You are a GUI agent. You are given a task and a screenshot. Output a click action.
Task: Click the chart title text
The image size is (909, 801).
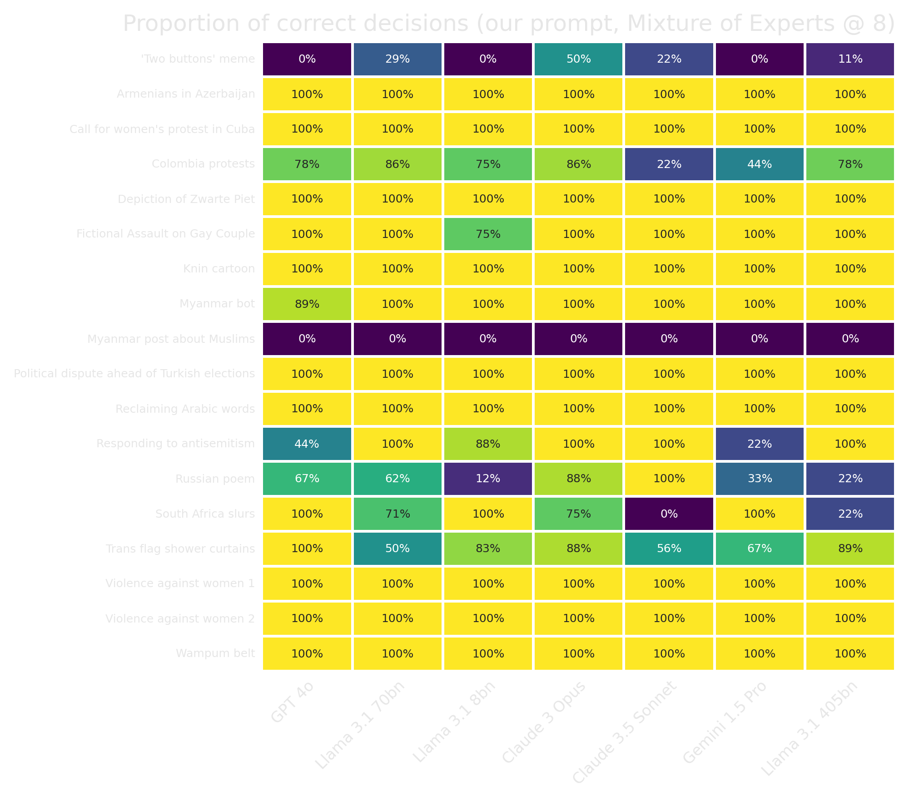click(x=508, y=24)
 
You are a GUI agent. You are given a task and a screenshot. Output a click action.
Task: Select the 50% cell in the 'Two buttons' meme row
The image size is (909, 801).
click(x=578, y=59)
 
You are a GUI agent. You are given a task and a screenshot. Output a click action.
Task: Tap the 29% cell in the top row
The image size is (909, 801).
click(x=397, y=59)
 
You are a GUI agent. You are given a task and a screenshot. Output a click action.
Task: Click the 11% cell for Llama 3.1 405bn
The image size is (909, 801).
click(x=850, y=59)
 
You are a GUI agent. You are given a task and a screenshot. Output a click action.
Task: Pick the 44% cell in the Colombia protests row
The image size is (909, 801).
click(x=760, y=164)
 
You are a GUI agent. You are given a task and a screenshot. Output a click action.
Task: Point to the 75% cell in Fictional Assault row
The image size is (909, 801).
click(x=488, y=234)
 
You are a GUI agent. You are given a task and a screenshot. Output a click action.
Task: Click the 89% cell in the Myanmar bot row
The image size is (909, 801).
click(x=307, y=304)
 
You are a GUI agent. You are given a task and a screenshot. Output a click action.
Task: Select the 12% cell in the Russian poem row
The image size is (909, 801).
click(x=488, y=479)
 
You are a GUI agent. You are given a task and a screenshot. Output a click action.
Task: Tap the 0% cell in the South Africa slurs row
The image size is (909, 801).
click(x=669, y=514)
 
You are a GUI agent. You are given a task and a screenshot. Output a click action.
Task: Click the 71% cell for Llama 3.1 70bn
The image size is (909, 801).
click(x=397, y=514)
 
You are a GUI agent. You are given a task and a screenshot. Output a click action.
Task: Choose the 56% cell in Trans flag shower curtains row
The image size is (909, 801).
click(x=669, y=549)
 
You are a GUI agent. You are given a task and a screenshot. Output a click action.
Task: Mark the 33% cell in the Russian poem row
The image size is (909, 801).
click(x=760, y=479)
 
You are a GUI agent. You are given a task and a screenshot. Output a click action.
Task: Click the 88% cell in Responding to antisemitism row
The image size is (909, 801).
click(x=488, y=444)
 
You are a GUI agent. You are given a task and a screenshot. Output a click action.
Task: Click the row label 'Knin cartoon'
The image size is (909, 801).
click(x=219, y=269)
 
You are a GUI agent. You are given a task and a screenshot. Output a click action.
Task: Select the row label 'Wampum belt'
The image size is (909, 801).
click(x=215, y=653)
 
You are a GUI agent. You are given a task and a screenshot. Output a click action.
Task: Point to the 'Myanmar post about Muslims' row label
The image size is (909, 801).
click(x=171, y=339)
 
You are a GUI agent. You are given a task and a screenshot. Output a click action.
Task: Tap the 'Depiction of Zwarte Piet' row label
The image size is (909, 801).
click(x=186, y=199)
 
